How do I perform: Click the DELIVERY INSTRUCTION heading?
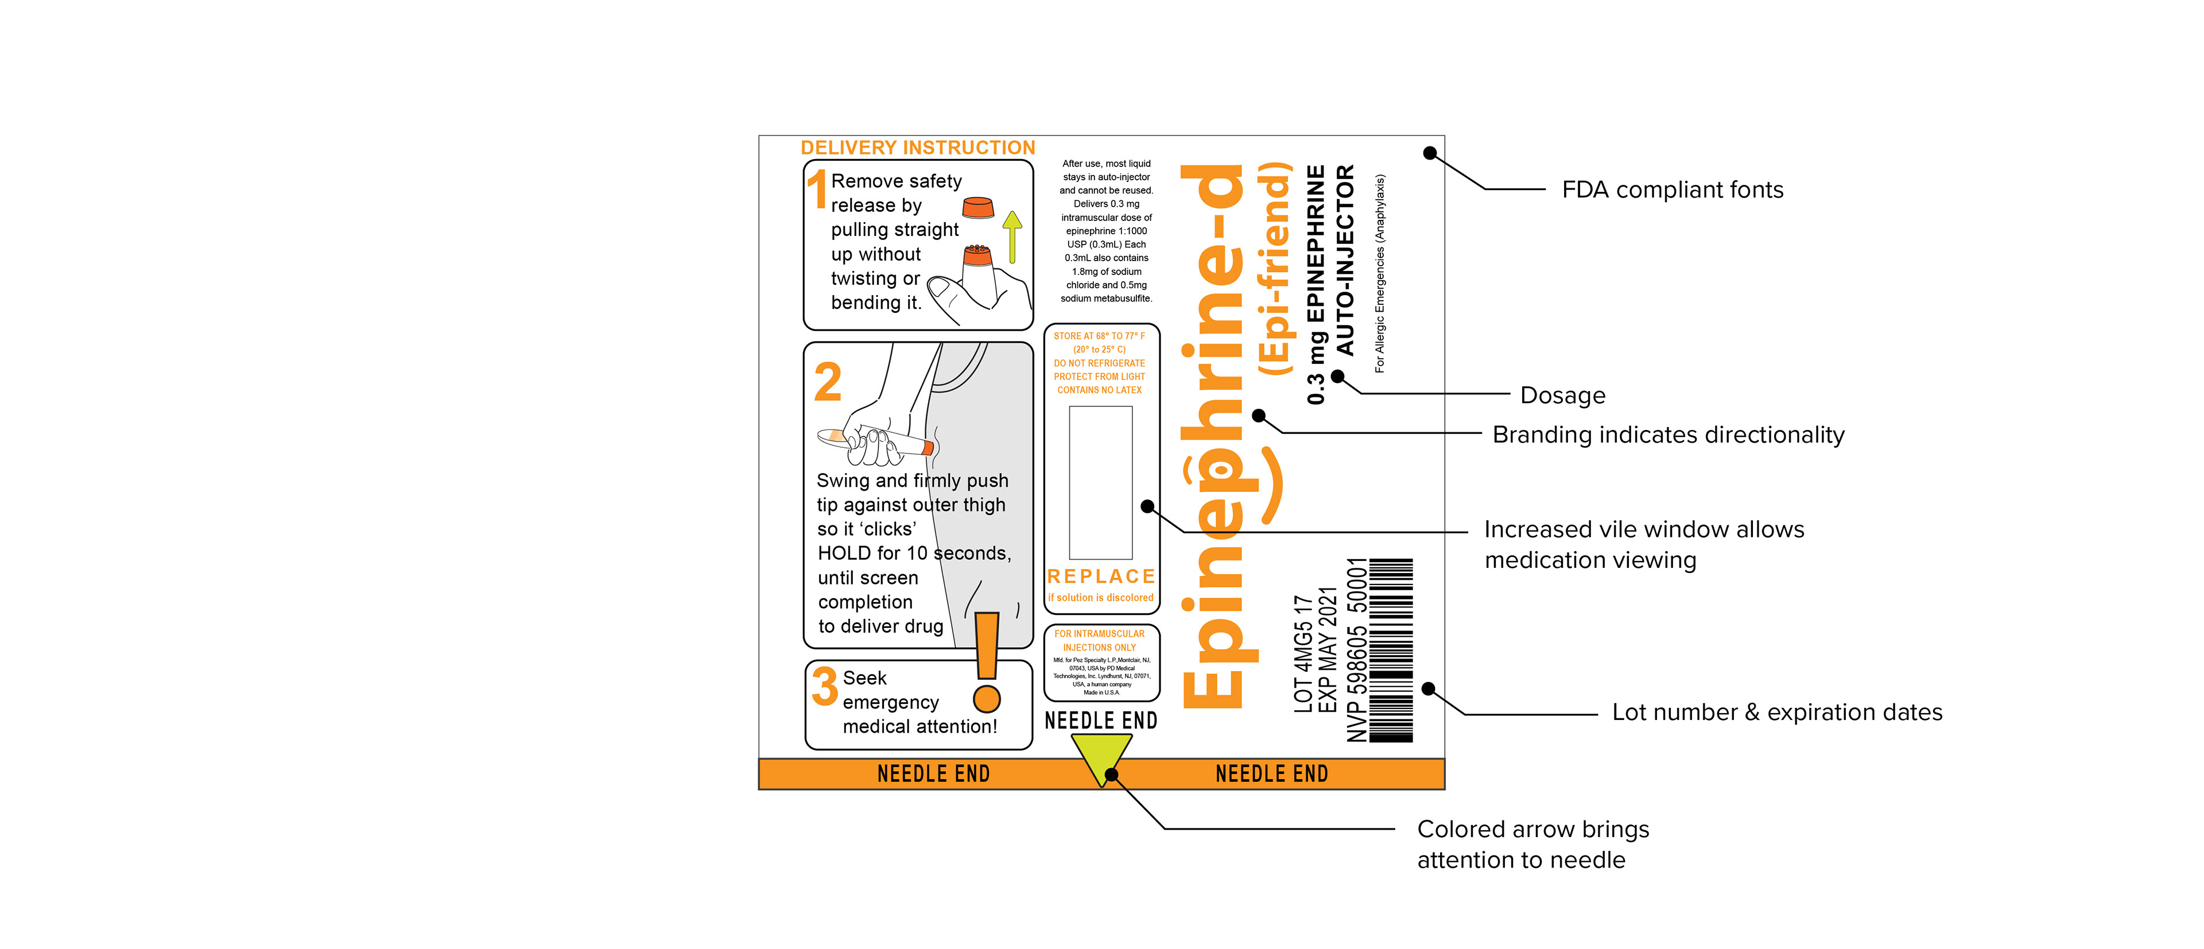pos(917,148)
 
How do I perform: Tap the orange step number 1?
pos(818,190)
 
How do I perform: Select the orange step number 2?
pos(827,382)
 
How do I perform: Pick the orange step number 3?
pos(825,686)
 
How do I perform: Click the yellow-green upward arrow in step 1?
pos(1012,235)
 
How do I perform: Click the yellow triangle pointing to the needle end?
pos(1101,756)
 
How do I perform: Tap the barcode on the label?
pos(1391,650)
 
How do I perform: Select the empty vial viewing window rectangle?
pos(1101,483)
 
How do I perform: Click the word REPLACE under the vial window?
pos(1101,577)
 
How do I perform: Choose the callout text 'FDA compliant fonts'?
pos(1672,190)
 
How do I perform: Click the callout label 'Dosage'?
pos(1562,396)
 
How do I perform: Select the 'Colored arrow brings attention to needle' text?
pos(1532,844)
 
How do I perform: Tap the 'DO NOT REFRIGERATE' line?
pos(1100,363)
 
